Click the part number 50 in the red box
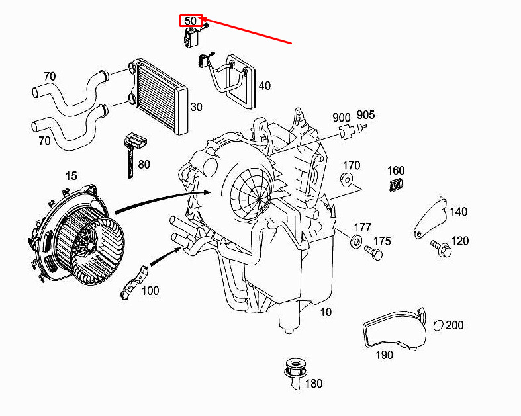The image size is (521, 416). (191, 21)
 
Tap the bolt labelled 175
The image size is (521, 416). (373, 253)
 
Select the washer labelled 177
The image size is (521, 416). (356, 240)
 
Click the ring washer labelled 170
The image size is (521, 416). (346, 179)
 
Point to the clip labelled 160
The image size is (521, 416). (395, 185)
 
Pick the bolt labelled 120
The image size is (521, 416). (442, 248)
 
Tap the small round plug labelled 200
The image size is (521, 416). (438, 325)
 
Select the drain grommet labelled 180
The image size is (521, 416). (295, 372)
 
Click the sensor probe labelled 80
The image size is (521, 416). (134, 153)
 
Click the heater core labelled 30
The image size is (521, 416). (158, 97)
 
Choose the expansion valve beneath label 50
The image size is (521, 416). (191, 37)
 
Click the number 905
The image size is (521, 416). (365, 115)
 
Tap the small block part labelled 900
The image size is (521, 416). (346, 133)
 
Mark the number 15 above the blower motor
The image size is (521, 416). (71, 176)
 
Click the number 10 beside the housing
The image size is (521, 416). (326, 312)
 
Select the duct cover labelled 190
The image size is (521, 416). (395, 329)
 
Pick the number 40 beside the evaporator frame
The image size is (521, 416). (265, 86)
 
